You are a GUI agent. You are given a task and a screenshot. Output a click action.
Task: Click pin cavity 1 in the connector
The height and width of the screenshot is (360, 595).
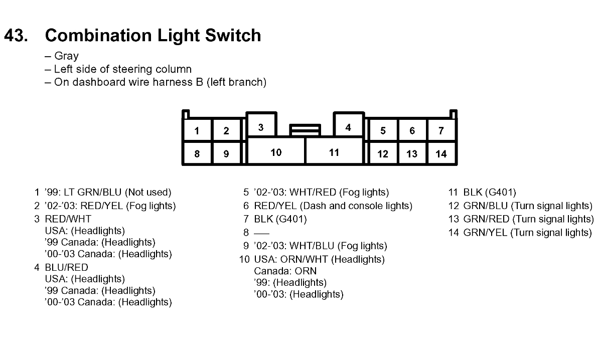pyautogui.click(x=197, y=131)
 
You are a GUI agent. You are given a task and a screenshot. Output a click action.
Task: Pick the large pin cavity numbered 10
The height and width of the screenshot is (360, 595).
pyautogui.click(x=276, y=152)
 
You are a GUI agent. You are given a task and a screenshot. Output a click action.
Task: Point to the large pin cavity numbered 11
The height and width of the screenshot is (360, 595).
pyautogui.click(x=334, y=152)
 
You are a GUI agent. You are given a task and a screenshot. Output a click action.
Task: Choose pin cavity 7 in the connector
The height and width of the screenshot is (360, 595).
pyautogui.click(x=441, y=131)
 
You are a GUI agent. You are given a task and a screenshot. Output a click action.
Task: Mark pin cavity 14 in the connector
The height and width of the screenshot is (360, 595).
pyautogui.click(x=441, y=154)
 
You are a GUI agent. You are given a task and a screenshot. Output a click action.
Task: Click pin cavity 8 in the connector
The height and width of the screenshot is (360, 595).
pyautogui.click(x=197, y=154)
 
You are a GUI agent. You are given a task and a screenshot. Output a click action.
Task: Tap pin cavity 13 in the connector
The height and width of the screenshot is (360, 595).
pyautogui.click(x=412, y=154)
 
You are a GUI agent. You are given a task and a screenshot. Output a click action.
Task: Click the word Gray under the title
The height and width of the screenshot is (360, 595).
pyautogui.click(x=66, y=56)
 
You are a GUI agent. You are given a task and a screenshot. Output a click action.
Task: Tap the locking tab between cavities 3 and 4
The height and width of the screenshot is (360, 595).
pyautogui.click(x=305, y=130)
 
